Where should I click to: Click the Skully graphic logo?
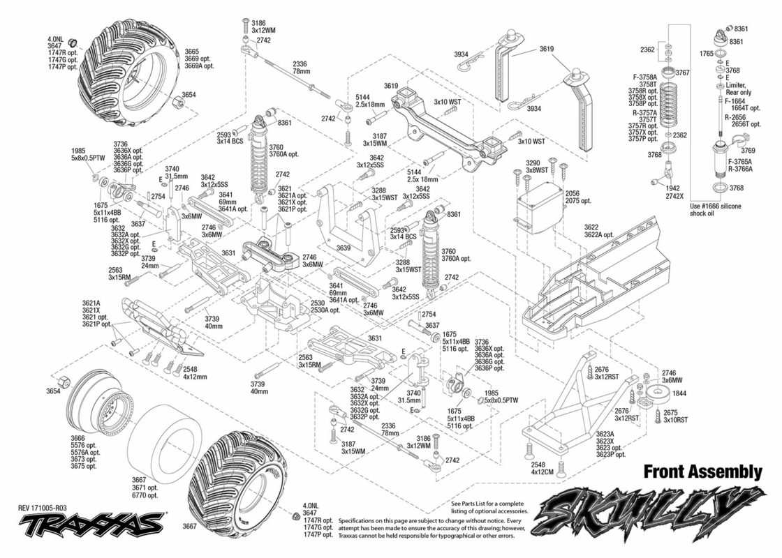point(649,510)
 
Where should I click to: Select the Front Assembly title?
point(702,472)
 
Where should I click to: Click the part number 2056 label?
point(572,194)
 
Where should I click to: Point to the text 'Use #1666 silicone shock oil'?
point(716,210)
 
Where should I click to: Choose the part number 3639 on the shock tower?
point(344,248)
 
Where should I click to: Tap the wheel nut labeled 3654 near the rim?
point(64,383)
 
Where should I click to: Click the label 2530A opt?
point(325,310)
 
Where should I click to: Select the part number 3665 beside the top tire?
point(192,52)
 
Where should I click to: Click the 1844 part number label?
point(679,393)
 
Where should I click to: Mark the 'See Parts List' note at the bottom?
point(489,508)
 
